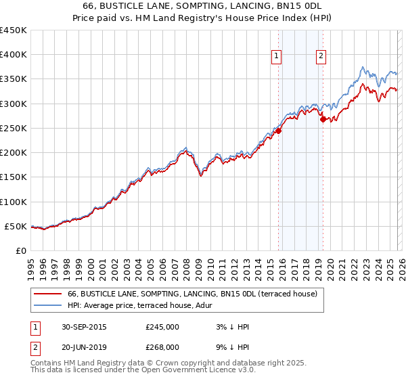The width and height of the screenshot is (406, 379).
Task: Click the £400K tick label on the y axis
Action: click(x=14, y=55)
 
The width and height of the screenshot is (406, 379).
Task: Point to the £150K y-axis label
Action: click(x=14, y=177)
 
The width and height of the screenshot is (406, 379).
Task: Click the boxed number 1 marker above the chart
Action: click(x=278, y=57)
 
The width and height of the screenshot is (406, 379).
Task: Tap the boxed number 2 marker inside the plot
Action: click(x=321, y=57)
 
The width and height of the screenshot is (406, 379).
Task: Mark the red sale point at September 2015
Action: click(x=278, y=131)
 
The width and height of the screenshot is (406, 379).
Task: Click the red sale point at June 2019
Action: click(x=323, y=120)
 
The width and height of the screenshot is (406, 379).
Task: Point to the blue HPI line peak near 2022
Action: click(x=363, y=67)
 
